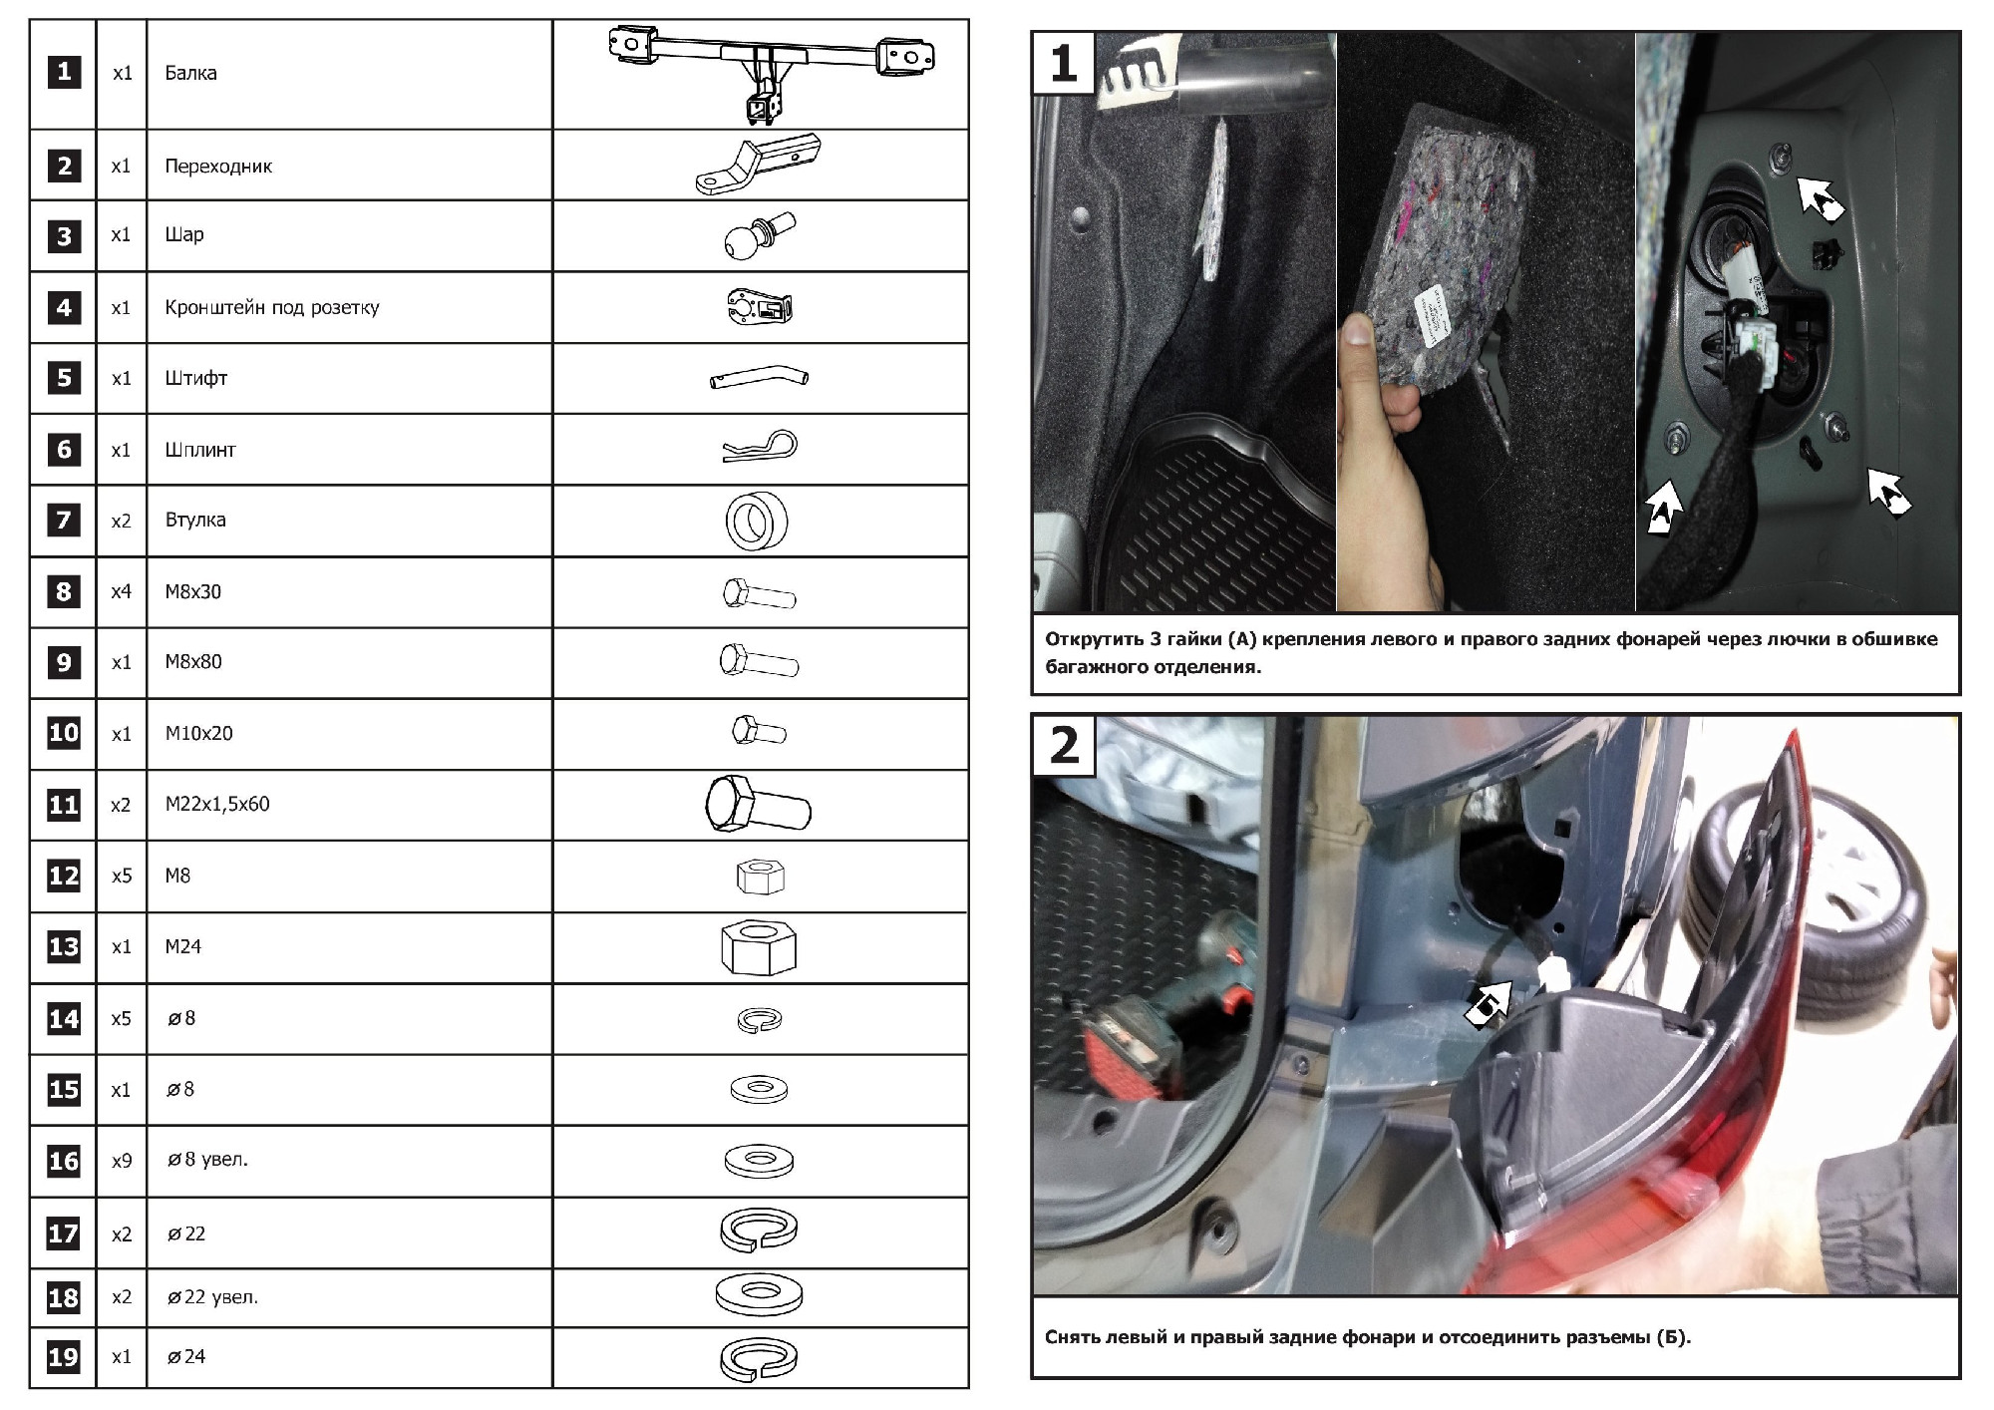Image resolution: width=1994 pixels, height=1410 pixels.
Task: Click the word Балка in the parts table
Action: [x=190, y=73]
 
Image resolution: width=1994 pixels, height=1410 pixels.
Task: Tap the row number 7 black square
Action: [x=64, y=520]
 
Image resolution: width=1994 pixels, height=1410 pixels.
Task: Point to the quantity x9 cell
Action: [x=122, y=1161]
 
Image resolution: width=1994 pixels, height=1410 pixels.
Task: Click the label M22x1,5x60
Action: [x=217, y=804]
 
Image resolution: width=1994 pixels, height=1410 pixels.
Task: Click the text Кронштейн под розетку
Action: [x=272, y=307]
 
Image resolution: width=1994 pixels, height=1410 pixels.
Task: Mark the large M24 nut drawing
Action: [x=758, y=947]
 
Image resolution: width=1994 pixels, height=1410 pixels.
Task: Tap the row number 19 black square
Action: [x=64, y=1357]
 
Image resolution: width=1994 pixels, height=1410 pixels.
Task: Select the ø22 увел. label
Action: [x=212, y=1297]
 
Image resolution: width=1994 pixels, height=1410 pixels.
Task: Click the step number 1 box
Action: [x=1064, y=63]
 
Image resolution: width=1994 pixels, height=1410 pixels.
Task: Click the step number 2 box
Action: [x=1064, y=746]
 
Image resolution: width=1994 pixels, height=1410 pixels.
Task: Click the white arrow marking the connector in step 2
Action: [x=1487, y=1004]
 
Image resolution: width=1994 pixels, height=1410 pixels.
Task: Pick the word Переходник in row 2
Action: [x=218, y=167]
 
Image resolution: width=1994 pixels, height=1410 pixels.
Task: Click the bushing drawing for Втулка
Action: [x=757, y=521]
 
